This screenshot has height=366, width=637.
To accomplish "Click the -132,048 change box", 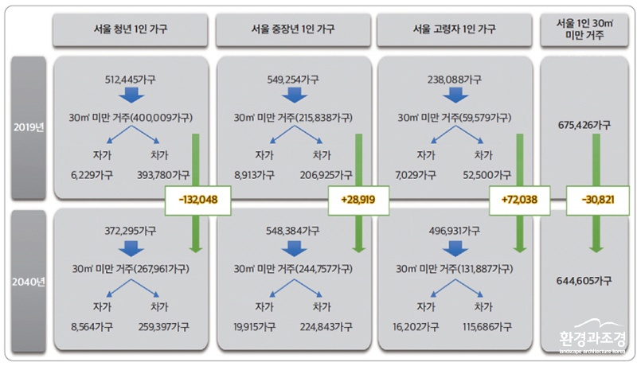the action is click(197, 200).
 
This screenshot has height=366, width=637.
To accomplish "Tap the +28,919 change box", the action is click(358, 200).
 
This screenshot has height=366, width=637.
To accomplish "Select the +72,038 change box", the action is click(519, 200).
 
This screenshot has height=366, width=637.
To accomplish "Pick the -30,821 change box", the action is click(598, 200).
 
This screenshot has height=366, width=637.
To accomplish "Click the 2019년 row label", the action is click(29, 128).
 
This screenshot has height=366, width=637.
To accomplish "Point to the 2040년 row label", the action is click(29, 281).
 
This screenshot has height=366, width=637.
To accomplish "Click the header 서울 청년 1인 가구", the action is click(131, 29).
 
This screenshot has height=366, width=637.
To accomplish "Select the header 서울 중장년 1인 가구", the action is click(293, 29).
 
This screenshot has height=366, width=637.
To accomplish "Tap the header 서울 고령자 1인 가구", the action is click(454, 29).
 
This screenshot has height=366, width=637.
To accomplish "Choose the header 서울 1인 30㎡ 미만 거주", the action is click(584, 29).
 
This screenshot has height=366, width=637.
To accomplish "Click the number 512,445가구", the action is click(130, 80).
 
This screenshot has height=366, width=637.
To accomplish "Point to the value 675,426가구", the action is click(584, 125).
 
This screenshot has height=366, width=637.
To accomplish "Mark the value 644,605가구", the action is click(584, 281).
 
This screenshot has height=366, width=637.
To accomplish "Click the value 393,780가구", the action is click(163, 175).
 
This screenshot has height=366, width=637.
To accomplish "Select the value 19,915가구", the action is click(254, 327).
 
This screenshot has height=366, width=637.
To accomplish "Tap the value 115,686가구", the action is click(487, 327).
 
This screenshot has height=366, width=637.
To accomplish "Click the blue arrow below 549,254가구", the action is click(294, 95).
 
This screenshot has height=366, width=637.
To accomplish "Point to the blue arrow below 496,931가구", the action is click(455, 249).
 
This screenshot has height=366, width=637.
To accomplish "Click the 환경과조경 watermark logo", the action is click(592, 337).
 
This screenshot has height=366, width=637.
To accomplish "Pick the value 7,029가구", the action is click(416, 175).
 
